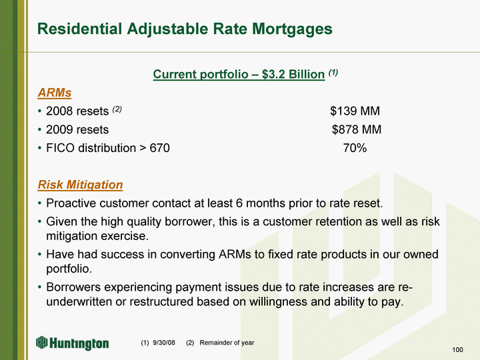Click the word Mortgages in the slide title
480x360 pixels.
tap(293, 29)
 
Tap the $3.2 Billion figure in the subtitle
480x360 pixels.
tap(293, 75)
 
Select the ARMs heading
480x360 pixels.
tap(55, 93)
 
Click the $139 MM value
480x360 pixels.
tap(355, 111)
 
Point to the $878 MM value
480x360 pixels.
tap(357, 129)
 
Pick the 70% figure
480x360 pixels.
tap(355, 148)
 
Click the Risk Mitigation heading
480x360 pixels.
tap(80, 185)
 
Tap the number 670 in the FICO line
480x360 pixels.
tap(159, 148)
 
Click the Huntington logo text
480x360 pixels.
tap(79, 343)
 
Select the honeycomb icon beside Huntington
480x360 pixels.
tap(41, 342)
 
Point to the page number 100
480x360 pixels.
tap(457, 350)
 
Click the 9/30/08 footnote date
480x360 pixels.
tap(164, 343)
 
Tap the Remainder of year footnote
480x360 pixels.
tap(227, 343)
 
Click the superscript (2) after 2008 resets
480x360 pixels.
tap(117, 109)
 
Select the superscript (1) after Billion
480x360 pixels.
tap(333, 73)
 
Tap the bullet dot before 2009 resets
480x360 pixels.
tap(39, 130)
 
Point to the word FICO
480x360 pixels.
tap(60, 148)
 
